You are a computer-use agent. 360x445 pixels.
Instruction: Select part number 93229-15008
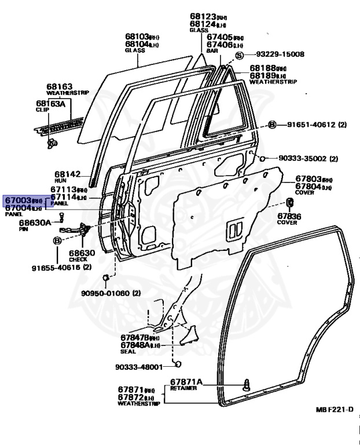point(280,54)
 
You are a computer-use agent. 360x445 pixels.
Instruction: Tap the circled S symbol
point(240,55)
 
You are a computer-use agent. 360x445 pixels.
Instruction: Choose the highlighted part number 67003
point(17,200)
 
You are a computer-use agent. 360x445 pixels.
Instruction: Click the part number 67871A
point(186,381)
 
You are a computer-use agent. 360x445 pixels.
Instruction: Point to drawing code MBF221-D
point(335,410)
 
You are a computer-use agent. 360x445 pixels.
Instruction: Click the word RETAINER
point(183,388)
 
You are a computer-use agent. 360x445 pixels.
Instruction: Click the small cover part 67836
point(289,202)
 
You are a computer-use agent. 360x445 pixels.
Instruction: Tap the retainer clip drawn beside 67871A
point(247,383)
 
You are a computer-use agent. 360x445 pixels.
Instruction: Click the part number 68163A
point(51,104)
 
